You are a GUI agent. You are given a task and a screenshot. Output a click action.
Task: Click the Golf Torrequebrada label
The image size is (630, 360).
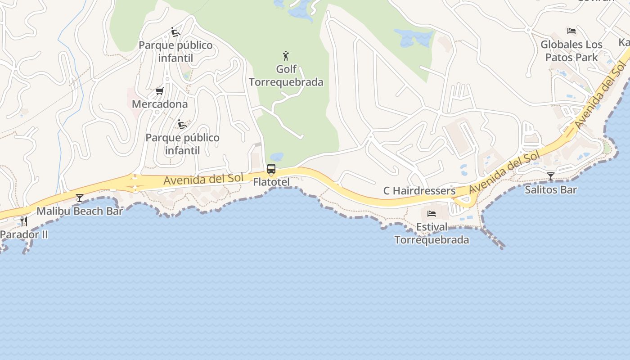click(x=286, y=76)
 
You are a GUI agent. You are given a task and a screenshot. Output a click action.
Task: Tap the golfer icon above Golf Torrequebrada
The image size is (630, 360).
click(x=286, y=56)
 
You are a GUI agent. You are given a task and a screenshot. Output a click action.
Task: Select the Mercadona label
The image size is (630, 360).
click(x=160, y=104)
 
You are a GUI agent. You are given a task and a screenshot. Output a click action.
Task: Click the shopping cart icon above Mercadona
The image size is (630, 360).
click(x=159, y=91)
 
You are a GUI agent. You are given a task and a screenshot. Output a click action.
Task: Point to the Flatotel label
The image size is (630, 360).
click(x=271, y=182)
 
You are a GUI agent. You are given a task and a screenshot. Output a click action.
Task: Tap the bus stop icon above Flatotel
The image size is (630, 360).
click(x=271, y=169)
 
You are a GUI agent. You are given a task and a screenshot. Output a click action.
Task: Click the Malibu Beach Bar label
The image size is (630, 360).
click(x=80, y=211)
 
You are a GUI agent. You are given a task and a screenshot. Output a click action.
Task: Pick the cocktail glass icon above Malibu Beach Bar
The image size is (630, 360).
click(x=80, y=198)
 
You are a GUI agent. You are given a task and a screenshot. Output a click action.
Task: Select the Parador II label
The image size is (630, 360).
click(x=24, y=234)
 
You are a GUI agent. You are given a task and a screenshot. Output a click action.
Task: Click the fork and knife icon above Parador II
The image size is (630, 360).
click(x=23, y=221)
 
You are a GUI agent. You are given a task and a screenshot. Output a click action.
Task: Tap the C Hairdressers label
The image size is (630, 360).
click(x=419, y=191)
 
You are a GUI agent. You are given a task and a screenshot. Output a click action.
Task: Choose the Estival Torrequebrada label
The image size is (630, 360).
click(x=432, y=233)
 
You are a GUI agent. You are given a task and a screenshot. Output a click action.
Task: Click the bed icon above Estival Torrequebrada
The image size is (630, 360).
click(x=432, y=213)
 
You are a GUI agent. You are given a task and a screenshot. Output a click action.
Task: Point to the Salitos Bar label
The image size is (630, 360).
click(x=551, y=189)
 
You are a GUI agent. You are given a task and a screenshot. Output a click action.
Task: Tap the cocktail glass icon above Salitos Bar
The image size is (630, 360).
click(x=551, y=176)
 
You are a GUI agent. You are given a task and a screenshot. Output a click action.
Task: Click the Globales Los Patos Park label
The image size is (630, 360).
click(x=571, y=51)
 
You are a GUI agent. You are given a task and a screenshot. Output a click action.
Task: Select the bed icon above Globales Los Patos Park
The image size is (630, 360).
click(x=571, y=31)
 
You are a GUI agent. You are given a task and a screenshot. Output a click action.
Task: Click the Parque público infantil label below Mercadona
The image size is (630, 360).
click(x=182, y=144)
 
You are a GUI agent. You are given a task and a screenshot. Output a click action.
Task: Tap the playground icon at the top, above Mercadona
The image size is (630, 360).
click(x=175, y=32)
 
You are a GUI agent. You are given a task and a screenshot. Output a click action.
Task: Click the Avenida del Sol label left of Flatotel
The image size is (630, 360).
click(x=203, y=179)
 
